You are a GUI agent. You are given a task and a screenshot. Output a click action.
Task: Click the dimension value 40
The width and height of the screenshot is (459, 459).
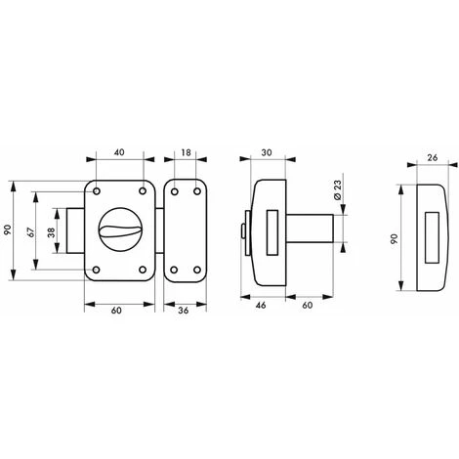coord(119,152)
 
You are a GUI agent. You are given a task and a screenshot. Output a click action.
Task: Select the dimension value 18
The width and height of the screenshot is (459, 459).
coord(186,152)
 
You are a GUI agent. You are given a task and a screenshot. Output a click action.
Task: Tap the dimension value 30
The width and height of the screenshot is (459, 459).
coord(267,152)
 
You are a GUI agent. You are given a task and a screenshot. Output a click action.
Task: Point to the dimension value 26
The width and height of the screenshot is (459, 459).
coord(432,158)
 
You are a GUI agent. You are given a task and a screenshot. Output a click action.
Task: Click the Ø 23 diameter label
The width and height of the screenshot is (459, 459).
coord(337,189)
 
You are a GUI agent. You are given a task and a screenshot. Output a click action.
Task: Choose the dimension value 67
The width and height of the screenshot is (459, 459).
coord(30,231)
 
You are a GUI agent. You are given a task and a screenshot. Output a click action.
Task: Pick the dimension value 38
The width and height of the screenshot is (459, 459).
coord(51,231)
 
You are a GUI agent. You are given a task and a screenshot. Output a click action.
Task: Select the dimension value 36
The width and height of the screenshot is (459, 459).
coord(184,311)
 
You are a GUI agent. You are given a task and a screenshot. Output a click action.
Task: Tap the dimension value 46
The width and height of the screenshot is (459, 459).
coord(261,305)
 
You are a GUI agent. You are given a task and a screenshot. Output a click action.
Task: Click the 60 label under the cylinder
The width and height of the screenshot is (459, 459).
coord(308,305)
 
